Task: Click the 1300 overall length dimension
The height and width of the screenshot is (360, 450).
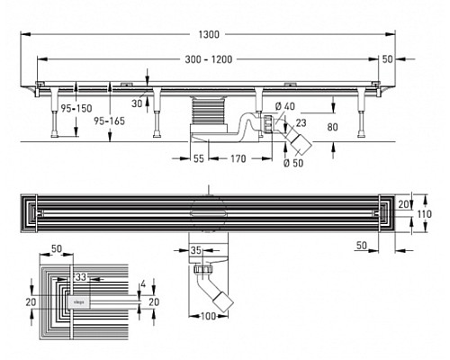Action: [x=209, y=33]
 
